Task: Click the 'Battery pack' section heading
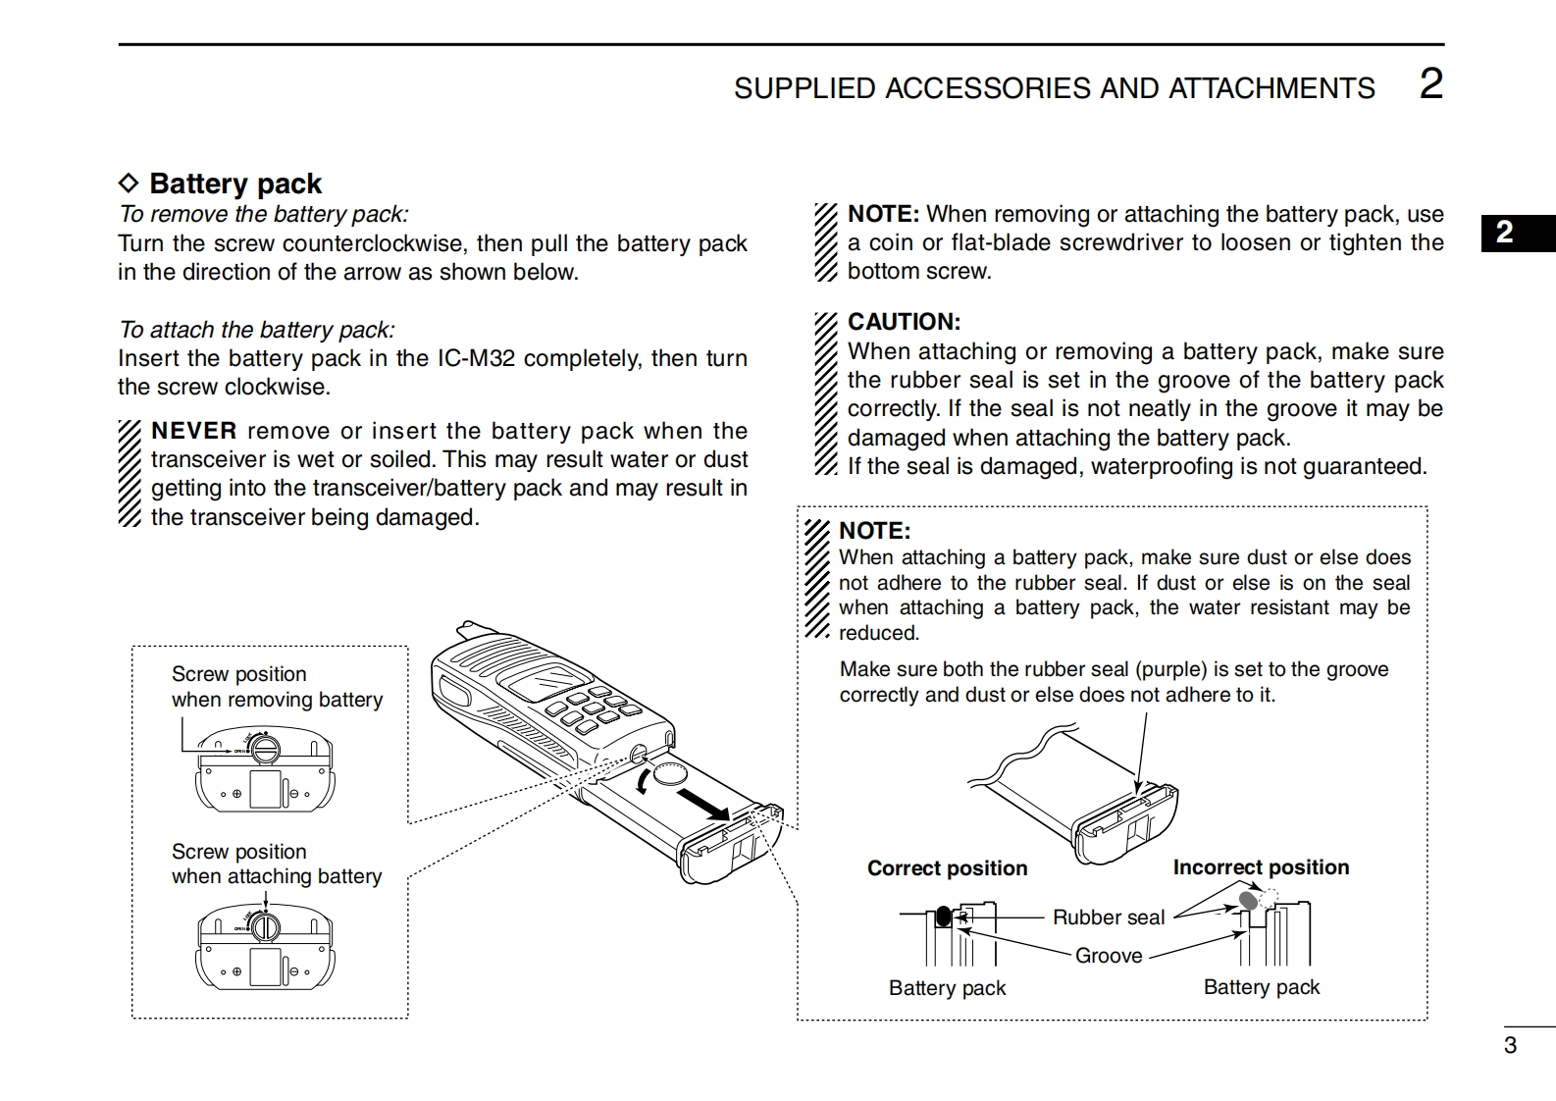[x=234, y=183]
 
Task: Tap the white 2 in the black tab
[x=1504, y=233]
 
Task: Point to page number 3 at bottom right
[x=1510, y=1045]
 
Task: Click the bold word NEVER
[x=194, y=431]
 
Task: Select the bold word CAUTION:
[x=904, y=322]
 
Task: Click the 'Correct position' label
[x=947, y=868]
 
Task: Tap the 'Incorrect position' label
[x=1261, y=867]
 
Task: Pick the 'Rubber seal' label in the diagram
[x=1108, y=917]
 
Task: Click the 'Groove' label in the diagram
[x=1109, y=956]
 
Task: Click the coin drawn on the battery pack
[x=672, y=772]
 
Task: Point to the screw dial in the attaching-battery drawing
[x=265, y=926]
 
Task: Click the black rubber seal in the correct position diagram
[x=943, y=917]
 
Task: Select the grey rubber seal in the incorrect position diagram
[x=1248, y=899]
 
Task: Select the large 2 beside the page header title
[x=1431, y=84]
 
